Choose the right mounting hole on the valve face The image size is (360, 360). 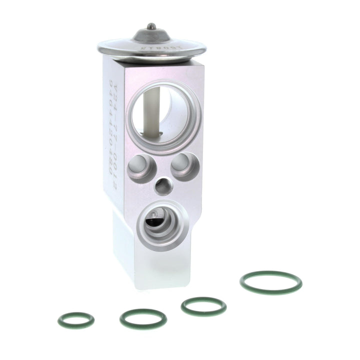pyautogui.click(x=182, y=166)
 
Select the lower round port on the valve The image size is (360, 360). pyautogui.click(x=160, y=224)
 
